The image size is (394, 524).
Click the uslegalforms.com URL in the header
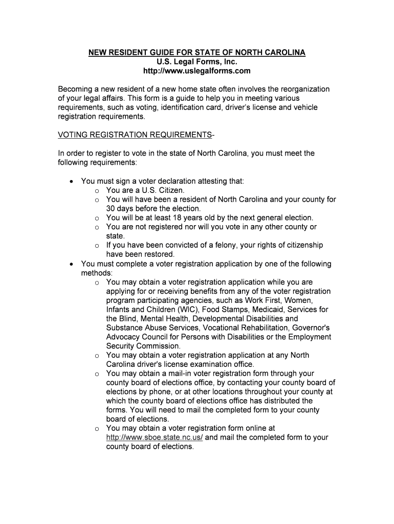coord(197,71)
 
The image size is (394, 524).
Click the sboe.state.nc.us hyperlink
coord(155,438)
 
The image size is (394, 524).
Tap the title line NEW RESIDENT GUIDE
coord(197,52)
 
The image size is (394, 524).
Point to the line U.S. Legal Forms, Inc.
coord(197,61)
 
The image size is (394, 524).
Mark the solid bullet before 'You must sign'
coord(71,181)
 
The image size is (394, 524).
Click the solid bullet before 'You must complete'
coord(71,264)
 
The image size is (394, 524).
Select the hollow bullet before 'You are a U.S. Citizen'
coord(97,190)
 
